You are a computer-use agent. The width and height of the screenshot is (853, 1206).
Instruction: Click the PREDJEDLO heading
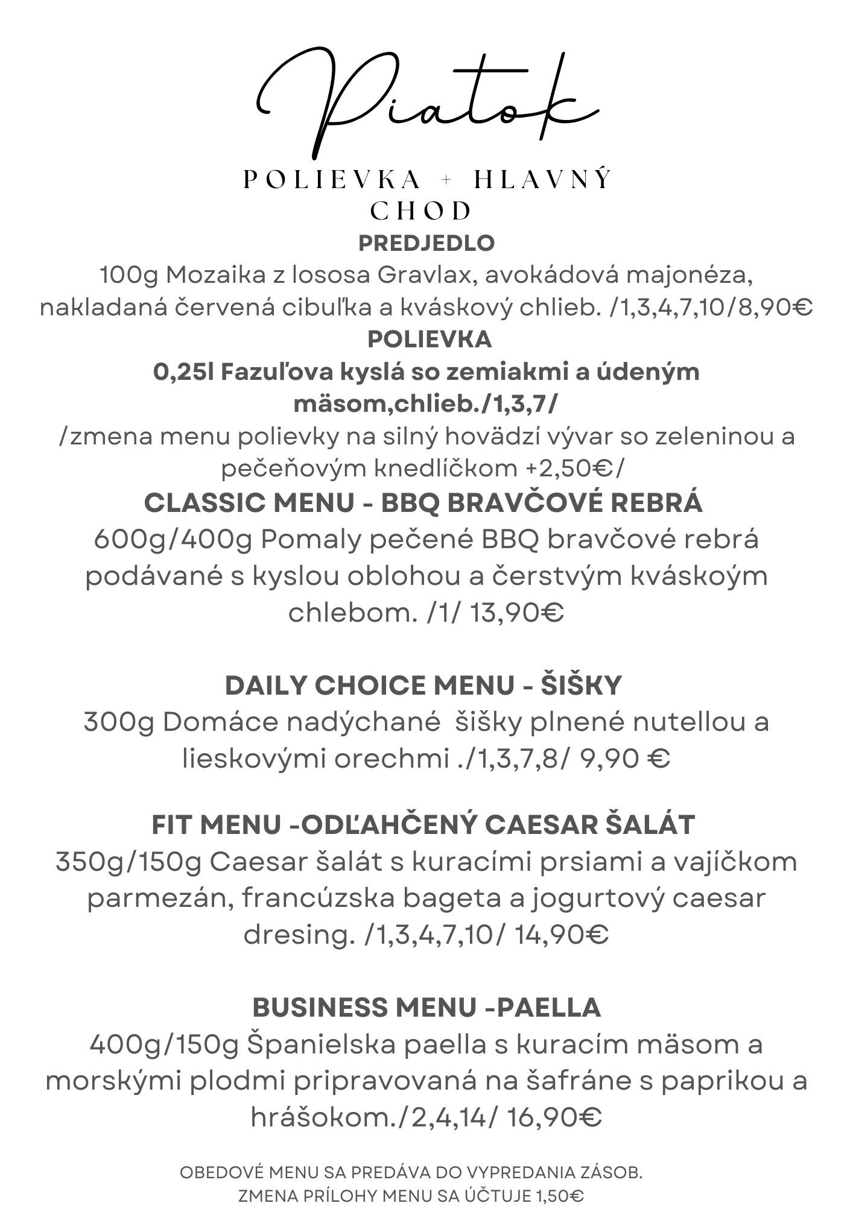click(x=426, y=243)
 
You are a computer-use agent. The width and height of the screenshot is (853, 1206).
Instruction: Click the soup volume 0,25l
click(x=184, y=372)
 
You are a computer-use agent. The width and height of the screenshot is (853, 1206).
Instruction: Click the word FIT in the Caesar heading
click(x=172, y=825)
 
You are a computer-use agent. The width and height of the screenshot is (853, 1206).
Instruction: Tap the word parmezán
click(x=160, y=898)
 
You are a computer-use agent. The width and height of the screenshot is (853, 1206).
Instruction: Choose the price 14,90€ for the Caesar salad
click(x=561, y=935)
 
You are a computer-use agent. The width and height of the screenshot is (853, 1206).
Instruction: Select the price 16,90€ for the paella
click(x=554, y=1119)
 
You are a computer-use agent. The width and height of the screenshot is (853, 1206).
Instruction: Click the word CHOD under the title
click(x=420, y=210)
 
